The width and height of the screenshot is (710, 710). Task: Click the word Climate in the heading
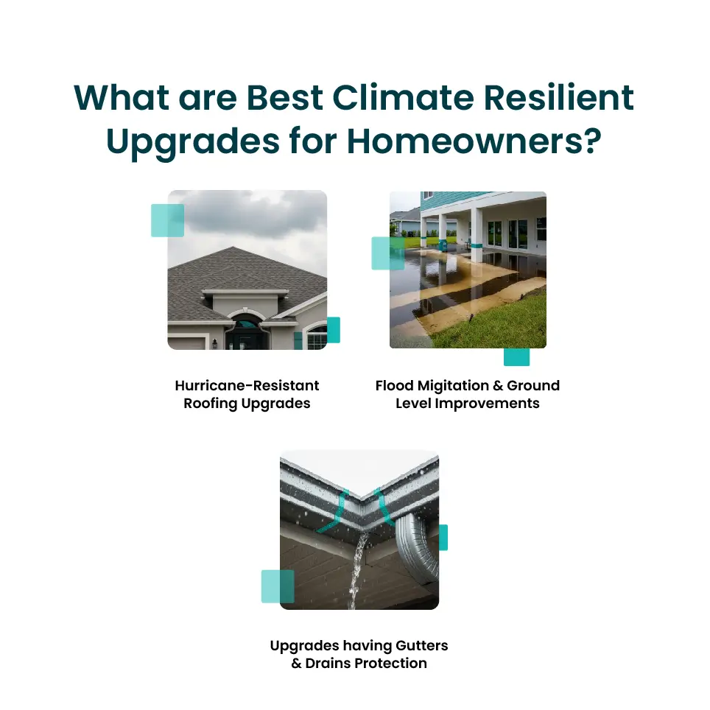coord(403,97)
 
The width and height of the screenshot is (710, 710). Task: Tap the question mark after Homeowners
coord(593,141)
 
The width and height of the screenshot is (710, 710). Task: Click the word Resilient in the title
coord(559,96)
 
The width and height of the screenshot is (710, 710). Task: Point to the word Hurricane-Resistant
coord(247,385)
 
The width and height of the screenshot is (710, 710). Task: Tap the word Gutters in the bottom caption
coord(421,645)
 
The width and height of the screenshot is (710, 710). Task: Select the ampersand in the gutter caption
coord(296,664)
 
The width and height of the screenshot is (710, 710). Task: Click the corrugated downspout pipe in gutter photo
coord(418,546)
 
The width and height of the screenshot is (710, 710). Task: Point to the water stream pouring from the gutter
coord(358,571)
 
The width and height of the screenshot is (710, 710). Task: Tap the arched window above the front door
coord(245,323)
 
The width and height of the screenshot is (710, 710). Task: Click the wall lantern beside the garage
coord(215,344)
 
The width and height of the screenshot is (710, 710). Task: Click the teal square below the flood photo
coord(516,356)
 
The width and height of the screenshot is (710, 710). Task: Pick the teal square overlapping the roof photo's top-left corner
coord(167,220)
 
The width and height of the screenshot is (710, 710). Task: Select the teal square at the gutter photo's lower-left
coord(278,586)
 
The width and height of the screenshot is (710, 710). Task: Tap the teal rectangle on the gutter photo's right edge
coord(443,538)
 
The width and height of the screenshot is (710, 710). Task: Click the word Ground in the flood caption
coord(533,386)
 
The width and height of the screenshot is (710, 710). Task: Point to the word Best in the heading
coord(284,97)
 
